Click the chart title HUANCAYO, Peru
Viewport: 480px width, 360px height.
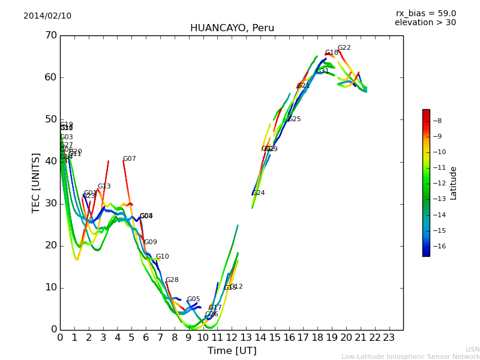click(x=232, y=28)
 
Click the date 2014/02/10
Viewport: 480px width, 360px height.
click(x=47, y=16)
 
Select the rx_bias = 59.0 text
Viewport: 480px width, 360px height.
click(x=425, y=14)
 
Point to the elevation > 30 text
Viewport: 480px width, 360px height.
click(x=425, y=23)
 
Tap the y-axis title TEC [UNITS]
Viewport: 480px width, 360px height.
click(x=36, y=182)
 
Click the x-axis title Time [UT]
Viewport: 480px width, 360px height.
click(x=232, y=351)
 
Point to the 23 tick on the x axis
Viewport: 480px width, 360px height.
click(x=389, y=338)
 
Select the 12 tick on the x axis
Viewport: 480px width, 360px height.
click(x=232, y=338)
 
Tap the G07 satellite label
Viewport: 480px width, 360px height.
click(x=129, y=159)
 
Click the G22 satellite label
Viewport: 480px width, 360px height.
click(x=344, y=48)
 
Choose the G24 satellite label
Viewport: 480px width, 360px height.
click(x=258, y=193)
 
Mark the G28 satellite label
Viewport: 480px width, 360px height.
click(x=172, y=280)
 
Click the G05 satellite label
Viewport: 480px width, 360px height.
click(x=193, y=299)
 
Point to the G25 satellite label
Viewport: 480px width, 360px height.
click(x=294, y=119)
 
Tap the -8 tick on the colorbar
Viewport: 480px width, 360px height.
click(x=437, y=121)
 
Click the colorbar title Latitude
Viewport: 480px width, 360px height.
click(x=454, y=183)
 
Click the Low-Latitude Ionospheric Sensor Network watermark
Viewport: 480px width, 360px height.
click(x=410, y=357)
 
